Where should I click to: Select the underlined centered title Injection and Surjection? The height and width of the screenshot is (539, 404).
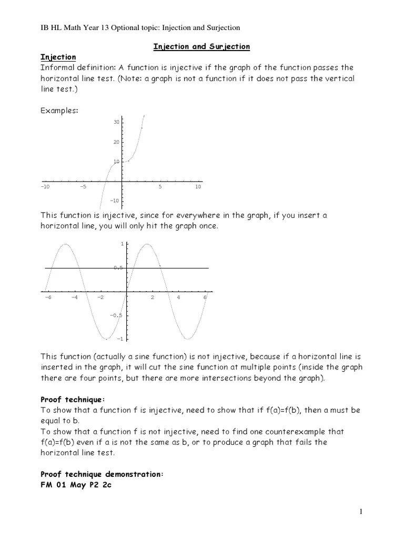pyautogui.click(x=201, y=46)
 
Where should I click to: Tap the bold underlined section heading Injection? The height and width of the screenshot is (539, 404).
pyautogui.click(x=58, y=57)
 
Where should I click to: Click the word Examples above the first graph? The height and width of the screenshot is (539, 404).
pyautogui.click(x=59, y=111)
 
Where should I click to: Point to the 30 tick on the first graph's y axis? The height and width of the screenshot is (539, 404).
pyautogui.click(x=116, y=122)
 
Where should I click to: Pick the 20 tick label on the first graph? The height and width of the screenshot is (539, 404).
pyautogui.click(x=116, y=142)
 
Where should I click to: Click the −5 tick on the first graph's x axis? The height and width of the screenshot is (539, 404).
pyautogui.click(x=83, y=187)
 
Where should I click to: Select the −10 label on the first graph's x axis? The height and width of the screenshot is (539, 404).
pyautogui.click(x=45, y=187)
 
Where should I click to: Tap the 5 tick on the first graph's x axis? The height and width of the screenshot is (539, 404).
pyautogui.click(x=160, y=187)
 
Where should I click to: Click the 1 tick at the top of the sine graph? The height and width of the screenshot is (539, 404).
pyautogui.click(x=122, y=244)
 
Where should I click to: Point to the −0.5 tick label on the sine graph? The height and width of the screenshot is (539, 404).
pyautogui.click(x=116, y=315)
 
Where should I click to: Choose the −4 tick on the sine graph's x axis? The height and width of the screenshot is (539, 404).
pyautogui.click(x=74, y=297)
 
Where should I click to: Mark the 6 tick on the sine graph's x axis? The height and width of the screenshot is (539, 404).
pyautogui.click(x=205, y=297)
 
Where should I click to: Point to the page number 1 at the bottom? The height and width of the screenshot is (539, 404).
pyautogui.click(x=361, y=512)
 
